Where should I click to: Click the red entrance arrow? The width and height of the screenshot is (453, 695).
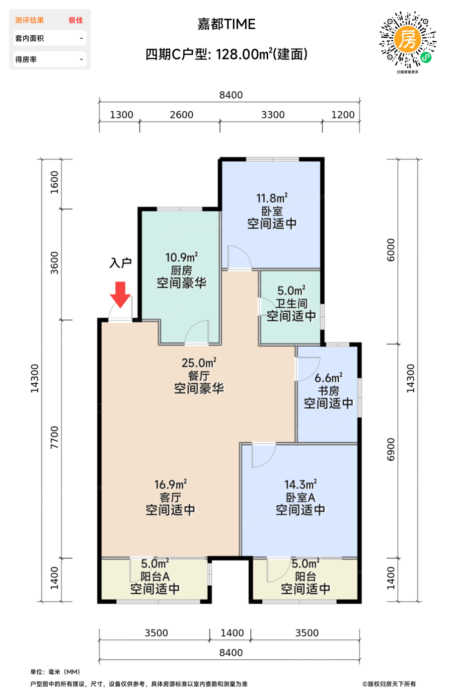[120, 294]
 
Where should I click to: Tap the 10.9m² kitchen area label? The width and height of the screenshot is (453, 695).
[181, 257]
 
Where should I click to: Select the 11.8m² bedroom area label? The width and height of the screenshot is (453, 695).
[272, 198]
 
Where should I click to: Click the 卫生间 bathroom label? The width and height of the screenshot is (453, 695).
[292, 303]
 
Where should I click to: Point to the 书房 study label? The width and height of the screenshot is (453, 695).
[328, 390]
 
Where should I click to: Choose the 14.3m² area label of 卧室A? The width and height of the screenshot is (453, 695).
[301, 485]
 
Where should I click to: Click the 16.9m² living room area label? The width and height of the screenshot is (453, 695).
[170, 485]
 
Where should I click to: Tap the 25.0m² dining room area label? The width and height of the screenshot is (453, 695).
[199, 363]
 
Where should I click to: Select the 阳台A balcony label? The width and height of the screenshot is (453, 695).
[155, 576]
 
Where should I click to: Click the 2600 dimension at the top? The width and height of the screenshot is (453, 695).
[181, 115]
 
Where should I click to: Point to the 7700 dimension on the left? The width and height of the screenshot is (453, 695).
[54, 437]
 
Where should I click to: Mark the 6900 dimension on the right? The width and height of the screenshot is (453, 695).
[391, 449]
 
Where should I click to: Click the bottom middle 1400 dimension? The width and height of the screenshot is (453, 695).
[232, 632]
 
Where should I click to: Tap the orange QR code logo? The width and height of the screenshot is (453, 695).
[407, 39]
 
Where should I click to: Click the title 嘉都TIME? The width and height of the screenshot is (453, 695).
[226, 24]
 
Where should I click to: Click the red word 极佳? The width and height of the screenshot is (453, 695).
[75, 20]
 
